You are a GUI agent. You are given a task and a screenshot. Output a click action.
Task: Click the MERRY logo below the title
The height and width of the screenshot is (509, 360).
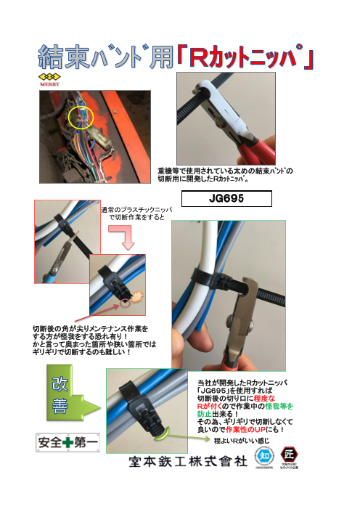tap(49, 79)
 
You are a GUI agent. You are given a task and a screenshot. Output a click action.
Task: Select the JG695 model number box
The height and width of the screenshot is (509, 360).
tap(226, 198)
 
